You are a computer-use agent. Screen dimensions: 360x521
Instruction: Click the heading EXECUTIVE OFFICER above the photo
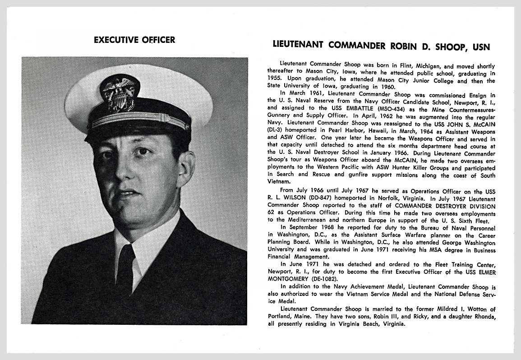[134, 40]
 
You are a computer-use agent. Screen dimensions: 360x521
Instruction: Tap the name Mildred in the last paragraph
[430, 309]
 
